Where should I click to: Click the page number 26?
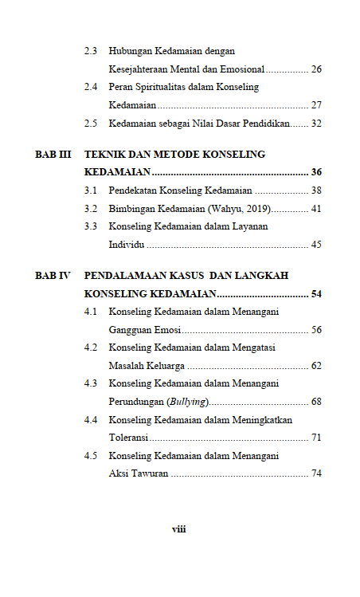pyautogui.click(x=316, y=69)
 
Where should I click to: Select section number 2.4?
pyautogui.click(x=92, y=87)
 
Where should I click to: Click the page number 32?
pyautogui.click(x=316, y=124)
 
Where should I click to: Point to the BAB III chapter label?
pyautogui.click(x=53, y=154)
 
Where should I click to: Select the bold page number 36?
pyautogui.click(x=316, y=172)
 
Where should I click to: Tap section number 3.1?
pyautogui.click(x=92, y=190)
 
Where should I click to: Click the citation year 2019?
pyautogui.click(x=256, y=209)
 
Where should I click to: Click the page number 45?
pyautogui.click(x=316, y=245)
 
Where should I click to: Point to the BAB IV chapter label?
pyautogui.click(x=53, y=275)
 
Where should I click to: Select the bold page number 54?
pyautogui.click(x=316, y=293)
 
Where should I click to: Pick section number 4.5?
pyautogui.click(x=92, y=455)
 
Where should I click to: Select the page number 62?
pyautogui.click(x=316, y=366)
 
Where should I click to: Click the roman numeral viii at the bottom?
pyautogui.click(x=179, y=528)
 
